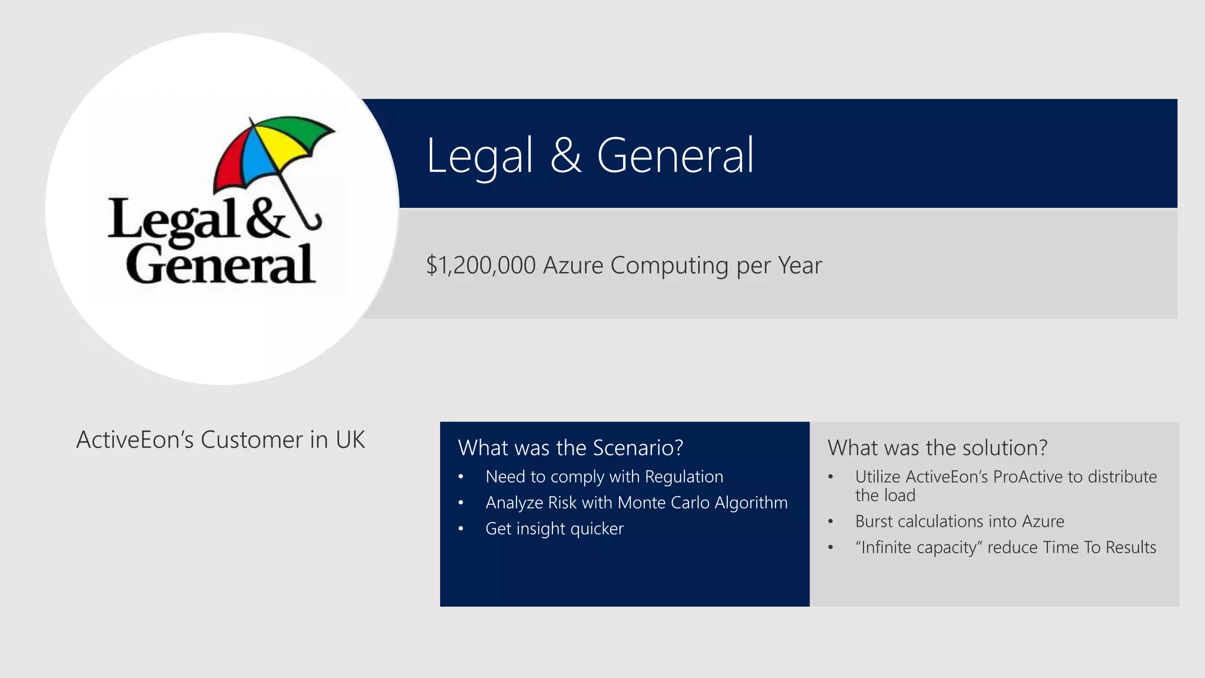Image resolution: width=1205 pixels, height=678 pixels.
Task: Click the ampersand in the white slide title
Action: [x=565, y=155]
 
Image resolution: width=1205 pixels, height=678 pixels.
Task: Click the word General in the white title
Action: [x=675, y=155]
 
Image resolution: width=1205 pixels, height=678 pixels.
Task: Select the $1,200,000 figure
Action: [x=480, y=265]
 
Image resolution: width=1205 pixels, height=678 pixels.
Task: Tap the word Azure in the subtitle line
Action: [x=572, y=265]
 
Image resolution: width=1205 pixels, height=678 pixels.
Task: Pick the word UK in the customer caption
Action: [x=350, y=440]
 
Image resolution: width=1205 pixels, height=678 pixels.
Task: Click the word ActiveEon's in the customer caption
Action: [x=135, y=440]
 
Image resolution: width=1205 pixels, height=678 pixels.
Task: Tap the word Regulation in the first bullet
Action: [x=684, y=477]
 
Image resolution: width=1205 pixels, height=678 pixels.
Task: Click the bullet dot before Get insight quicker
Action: [x=461, y=529]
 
